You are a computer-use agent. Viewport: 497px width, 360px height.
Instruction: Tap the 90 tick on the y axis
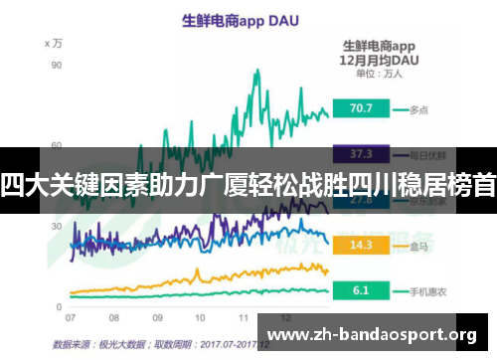coord(57,65)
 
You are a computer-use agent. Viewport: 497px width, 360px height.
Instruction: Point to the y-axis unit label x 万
coord(54,43)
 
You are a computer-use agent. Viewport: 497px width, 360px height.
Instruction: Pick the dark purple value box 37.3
coord(361,153)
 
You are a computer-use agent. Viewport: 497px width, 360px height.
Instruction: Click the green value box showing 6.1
coord(360,290)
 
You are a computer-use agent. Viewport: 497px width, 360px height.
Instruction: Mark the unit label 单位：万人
coord(378,74)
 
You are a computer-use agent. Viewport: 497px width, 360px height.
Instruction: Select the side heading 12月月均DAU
coord(379,60)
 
